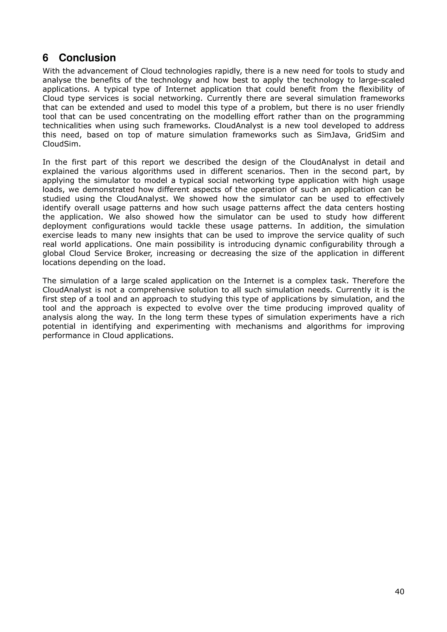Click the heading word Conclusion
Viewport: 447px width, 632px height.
(x=87, y=58)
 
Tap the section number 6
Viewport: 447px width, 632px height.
(x=45, y=58)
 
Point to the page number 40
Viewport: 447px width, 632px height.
(x=399, y=591)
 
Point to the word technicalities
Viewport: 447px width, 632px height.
(x=66, y=126)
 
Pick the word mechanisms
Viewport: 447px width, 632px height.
(x=259, y=326)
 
